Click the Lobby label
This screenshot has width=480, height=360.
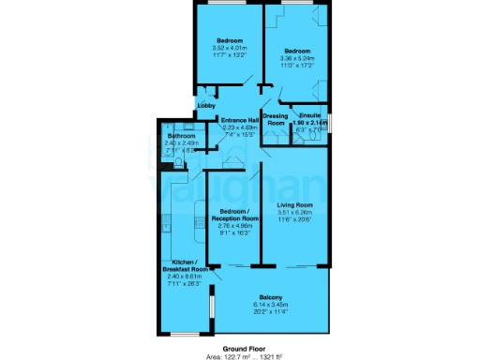[205, 106]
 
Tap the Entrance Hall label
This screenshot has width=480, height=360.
[239, 120]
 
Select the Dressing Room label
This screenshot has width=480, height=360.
[275, 119]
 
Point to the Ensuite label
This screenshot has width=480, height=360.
[308, 115]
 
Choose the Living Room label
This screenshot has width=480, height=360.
[294, 204]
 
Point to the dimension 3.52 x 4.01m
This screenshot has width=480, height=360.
[231, 49]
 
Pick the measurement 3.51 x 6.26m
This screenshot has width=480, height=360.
[294, 212]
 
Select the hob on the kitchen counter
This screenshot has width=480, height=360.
[200, 222]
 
